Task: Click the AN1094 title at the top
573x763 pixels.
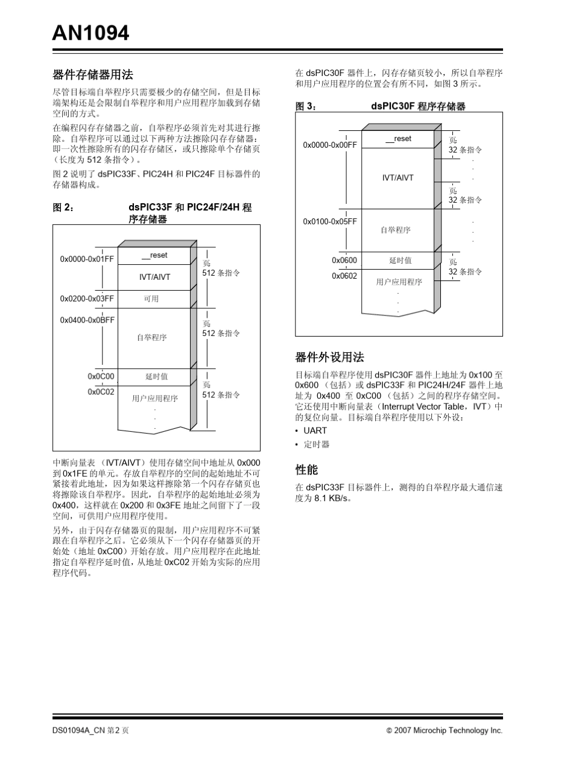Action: (90, 33)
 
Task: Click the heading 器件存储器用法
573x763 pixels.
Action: (93, 75)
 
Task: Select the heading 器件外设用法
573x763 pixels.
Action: (329, 357)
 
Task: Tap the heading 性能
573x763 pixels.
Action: (306, 469)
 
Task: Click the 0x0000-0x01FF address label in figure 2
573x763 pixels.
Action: (87, 259)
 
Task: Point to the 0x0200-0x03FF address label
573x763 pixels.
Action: (87, 299)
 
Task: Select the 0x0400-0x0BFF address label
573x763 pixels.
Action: (87, 320)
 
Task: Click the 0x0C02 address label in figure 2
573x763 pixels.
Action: (101, 391)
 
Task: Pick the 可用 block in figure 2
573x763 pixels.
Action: (151, 299)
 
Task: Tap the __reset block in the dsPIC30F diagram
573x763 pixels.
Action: (398, 139)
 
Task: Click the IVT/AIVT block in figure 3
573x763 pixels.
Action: (398, 178)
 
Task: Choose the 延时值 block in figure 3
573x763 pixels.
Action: (400, 260)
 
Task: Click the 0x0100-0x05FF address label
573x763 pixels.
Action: (330, 221)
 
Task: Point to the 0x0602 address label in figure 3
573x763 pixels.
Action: (344, 276)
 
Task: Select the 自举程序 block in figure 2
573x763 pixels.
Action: (151, 337)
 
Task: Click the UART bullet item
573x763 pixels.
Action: (315, 431)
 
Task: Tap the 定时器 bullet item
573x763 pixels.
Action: (316, 445)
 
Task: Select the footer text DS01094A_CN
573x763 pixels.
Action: (78, 730)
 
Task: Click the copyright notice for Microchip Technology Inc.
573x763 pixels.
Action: (445, 730)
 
